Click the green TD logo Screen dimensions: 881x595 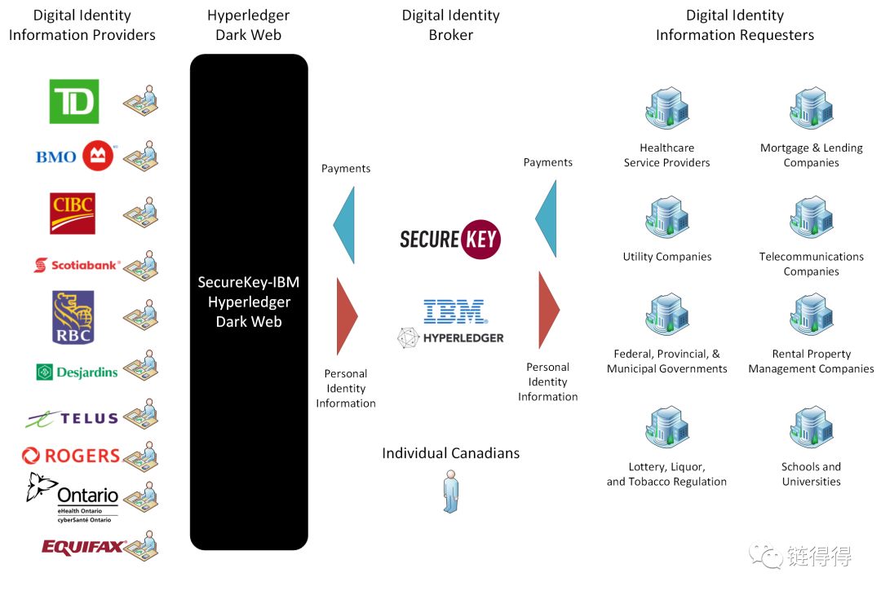[x=74, y=102]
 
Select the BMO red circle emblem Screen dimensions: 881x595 [x=98, y=156]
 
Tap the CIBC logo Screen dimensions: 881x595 [x=73, y=214]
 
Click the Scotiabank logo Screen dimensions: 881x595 [x=77, y=265]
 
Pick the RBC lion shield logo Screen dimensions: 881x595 [x=73, y=317]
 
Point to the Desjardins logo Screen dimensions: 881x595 [x=77, y=372]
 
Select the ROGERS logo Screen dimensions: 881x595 [x=71, y=456]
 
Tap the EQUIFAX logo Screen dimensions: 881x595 [x=83, y=547]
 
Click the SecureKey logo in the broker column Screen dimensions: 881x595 [x=450, y=239]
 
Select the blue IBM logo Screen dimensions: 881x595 [x=455, y=311]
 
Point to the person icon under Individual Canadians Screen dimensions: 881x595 [x=450, y=491]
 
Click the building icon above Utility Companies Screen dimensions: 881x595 [x=667, y=217]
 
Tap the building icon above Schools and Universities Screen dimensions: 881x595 [x=812, y=426]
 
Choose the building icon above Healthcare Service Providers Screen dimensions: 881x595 [x=667, y=108]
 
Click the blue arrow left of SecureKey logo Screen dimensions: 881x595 [x=344, y=225]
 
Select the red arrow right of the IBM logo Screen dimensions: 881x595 [x=549, y=310]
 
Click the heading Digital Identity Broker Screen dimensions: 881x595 [x=450, y=25]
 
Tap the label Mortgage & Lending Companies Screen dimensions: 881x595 [x=812, y=156]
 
